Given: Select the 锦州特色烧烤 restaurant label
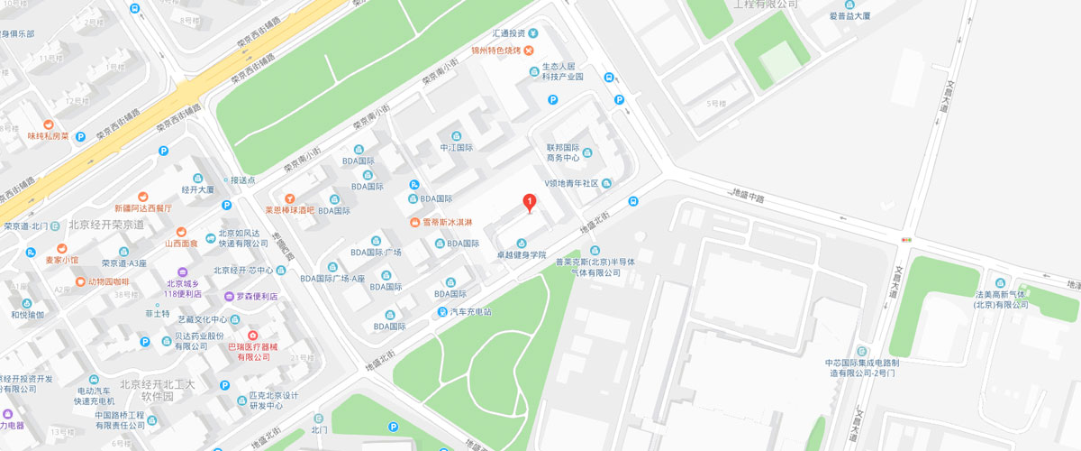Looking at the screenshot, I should click(x=495, y=50).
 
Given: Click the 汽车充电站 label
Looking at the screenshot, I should click(x=470, y=312).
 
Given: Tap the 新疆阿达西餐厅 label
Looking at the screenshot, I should click(x=142, y=207).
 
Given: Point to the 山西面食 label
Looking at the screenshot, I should click(x=181, y=243).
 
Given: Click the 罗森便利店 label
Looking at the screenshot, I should click(x=257, y=296).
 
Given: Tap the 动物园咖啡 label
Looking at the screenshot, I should click(x=108, y=281).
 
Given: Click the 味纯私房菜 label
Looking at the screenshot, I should click(x=48, y=136).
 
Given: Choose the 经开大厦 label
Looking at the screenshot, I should click(x=198, y=190).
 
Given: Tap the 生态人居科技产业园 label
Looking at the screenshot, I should click(x=562, y=72).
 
